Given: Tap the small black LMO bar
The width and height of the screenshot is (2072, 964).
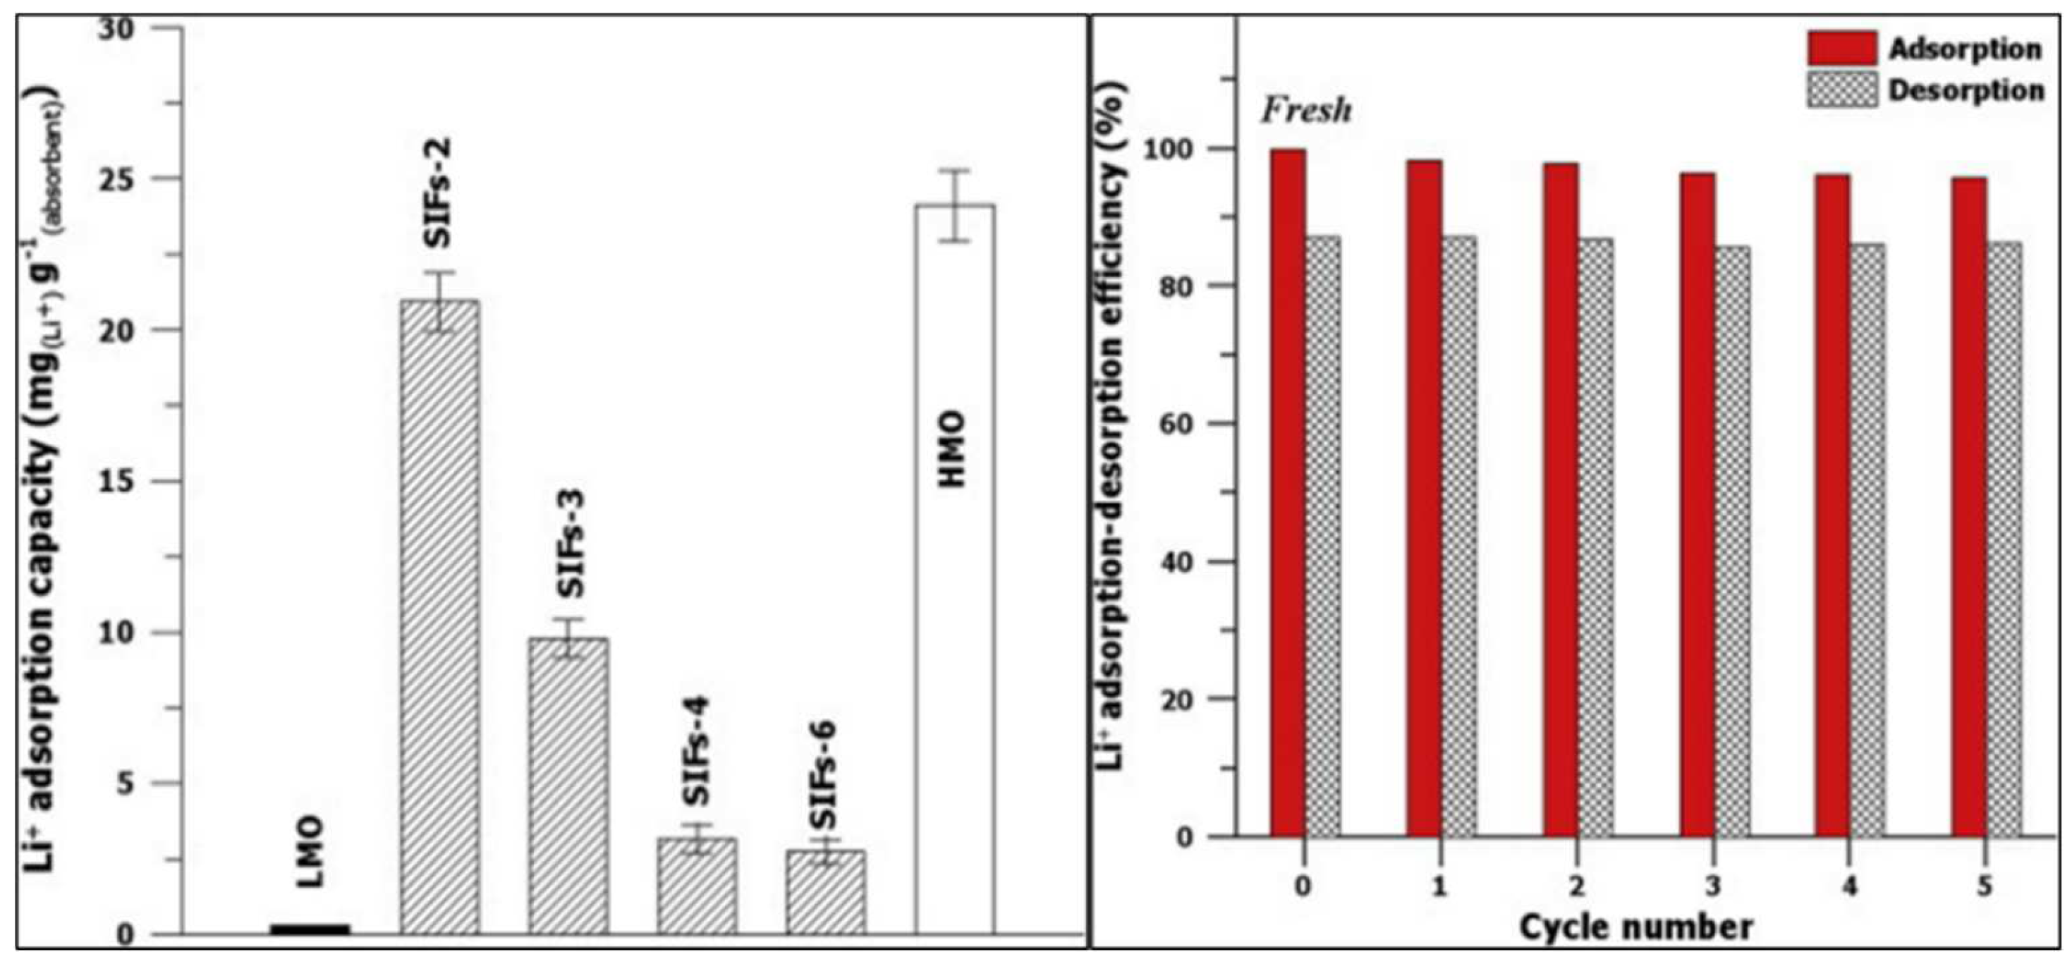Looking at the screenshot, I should coord(310,929).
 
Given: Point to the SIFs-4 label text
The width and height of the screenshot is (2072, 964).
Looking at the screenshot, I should coord(697,751).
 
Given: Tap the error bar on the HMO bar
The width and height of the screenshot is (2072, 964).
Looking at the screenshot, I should coord(956,205).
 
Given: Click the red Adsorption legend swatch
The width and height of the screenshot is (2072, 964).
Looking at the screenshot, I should coord(1842,48).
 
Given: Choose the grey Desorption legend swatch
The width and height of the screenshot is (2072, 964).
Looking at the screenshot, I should coord(1842,90).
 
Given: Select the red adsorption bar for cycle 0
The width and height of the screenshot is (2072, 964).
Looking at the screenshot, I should coord(1288,492).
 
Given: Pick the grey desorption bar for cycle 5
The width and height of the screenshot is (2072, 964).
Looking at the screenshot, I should coord(2004,538).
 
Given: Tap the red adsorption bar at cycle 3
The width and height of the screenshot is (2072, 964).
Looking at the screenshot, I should coord(1698,504).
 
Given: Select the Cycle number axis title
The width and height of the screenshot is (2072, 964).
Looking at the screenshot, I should coord(1636,927).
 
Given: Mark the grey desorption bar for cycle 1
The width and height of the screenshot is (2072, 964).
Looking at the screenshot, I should coord(1458,535).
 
